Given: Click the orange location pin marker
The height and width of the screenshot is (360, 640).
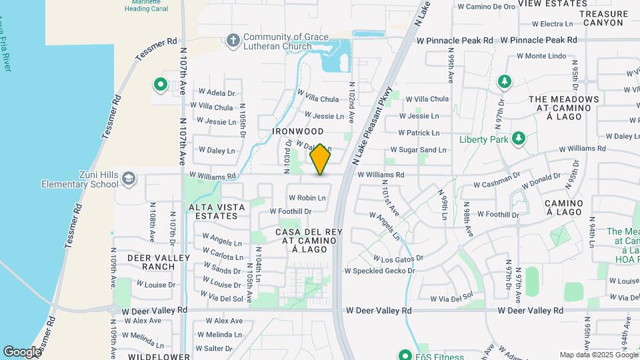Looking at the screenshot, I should pos(320,159).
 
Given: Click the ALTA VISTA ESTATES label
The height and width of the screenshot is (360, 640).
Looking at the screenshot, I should pos(217,211).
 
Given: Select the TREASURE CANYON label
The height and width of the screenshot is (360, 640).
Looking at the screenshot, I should pos(603,18).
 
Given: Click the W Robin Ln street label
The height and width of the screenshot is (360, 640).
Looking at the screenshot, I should pos(307,197).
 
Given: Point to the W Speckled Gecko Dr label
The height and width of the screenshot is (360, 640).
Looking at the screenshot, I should pos(379,271).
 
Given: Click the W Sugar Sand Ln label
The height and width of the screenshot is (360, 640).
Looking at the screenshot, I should pos(418,150).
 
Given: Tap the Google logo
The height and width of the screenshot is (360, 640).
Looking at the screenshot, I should pos(22,351).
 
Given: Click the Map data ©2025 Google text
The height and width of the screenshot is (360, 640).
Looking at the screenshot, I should pos(599,355).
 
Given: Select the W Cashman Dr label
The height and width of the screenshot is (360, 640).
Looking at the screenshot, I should pos(497,184).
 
